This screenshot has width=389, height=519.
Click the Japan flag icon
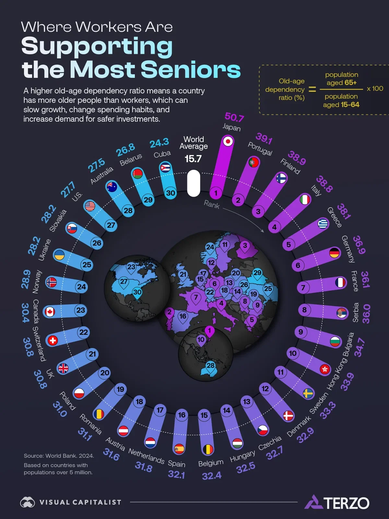pos(228,141)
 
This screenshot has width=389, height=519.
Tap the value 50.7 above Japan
pos(234,117)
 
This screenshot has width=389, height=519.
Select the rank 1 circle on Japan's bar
pos(216,193)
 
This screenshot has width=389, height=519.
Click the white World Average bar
pos(194,183)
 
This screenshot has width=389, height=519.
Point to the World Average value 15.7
pos(193,159)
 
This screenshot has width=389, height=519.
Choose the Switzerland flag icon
pos(53,340)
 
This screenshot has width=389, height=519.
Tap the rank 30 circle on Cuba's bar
pos(171,193)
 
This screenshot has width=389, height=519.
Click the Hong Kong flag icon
pos(324,369)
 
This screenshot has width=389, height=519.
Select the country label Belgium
pos(211,463)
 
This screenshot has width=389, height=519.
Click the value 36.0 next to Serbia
pos(366,314)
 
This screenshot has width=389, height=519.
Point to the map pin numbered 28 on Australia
pos(210,366)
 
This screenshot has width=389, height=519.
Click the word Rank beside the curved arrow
pos(212,204)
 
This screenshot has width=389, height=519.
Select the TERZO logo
pos(337,502)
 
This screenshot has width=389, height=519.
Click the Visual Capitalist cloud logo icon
pos(28,502)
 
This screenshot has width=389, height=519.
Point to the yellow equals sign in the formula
pos(312,89)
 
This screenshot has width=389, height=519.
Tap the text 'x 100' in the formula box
pos(375,89)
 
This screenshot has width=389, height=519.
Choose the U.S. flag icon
pos(90,206)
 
